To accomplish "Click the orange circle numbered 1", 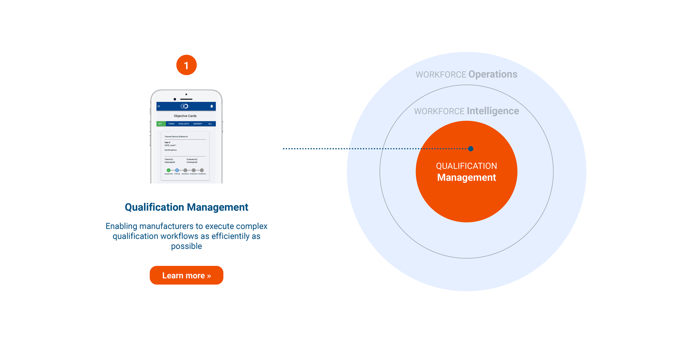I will point(186,65).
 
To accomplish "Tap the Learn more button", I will point(186,275).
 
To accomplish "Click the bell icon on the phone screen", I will point(212,106).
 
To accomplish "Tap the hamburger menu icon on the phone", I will point(159,106).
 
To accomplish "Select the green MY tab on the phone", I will point(160,124).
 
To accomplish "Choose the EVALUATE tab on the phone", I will point(184,124).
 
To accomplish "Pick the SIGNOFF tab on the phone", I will point(198,124).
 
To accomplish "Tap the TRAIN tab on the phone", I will point(171,124).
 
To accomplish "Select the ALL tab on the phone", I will point(210,124).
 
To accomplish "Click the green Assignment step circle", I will point(168,170).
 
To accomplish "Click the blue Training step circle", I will point(177,170).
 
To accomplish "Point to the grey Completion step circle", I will point(202,170).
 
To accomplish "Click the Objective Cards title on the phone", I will point(185,116).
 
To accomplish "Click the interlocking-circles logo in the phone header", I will point(185,106).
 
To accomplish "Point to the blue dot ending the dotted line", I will point(471,149).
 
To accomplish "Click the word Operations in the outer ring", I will point(493,74).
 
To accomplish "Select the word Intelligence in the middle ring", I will point(493,111).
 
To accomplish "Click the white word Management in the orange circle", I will point(466,178).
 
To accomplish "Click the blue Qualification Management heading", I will point(186,207).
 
